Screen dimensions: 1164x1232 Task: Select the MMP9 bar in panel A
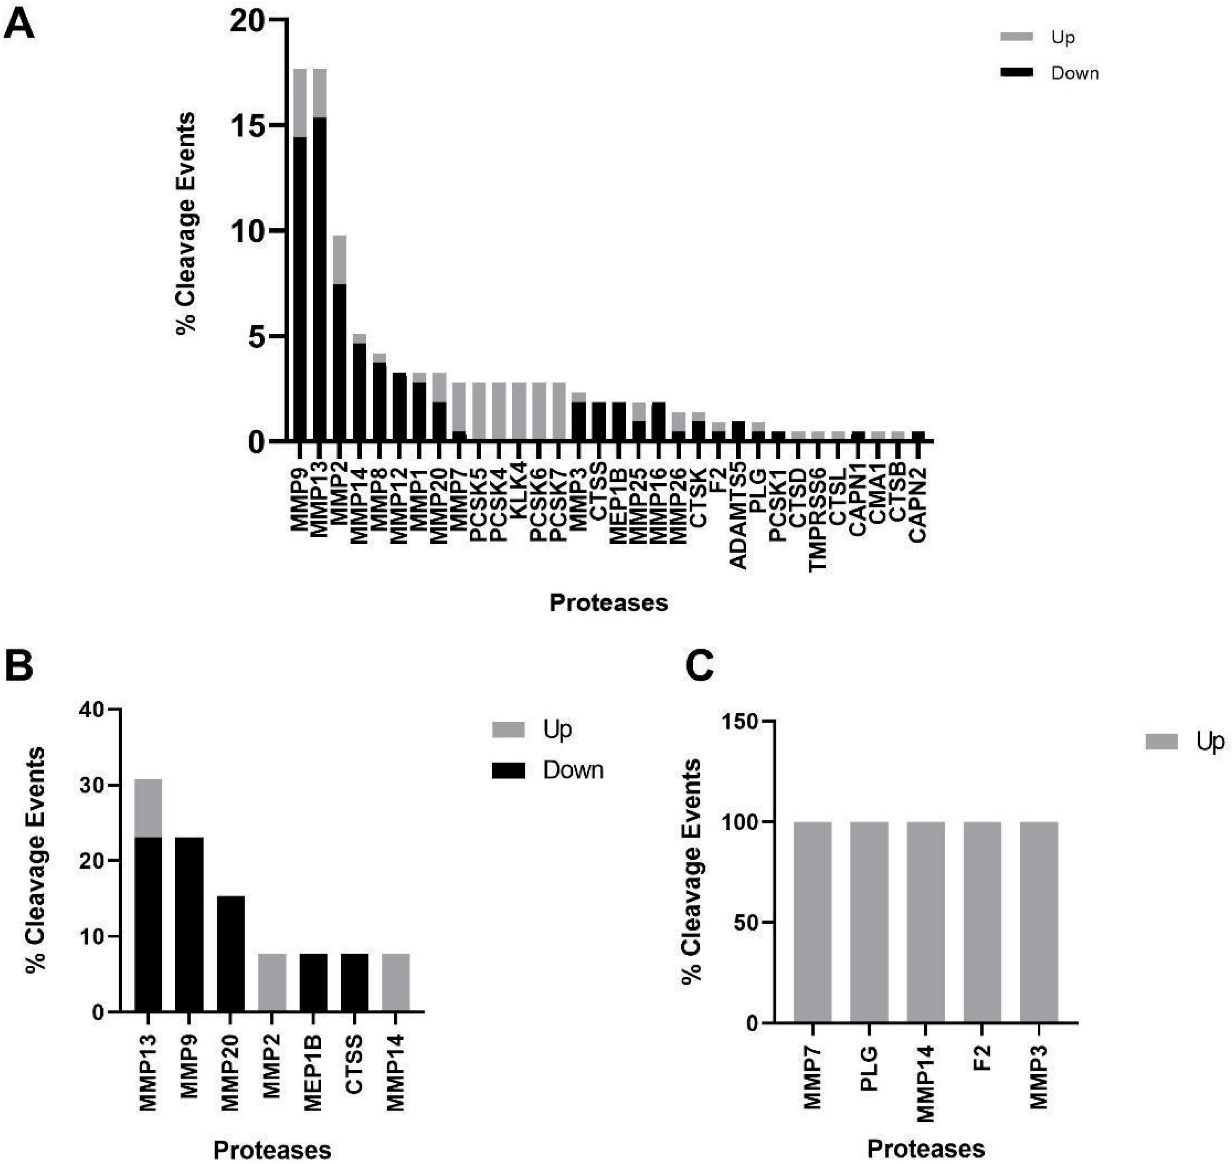coord(300,279)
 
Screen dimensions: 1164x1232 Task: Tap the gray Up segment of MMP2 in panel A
coord(340,259)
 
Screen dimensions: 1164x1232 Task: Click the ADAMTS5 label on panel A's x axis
coord(738,524)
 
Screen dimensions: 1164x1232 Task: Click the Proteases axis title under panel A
coord(608,602)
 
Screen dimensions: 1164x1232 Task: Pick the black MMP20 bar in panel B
coord(230,954)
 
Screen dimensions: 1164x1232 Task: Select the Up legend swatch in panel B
coord(508,729)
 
